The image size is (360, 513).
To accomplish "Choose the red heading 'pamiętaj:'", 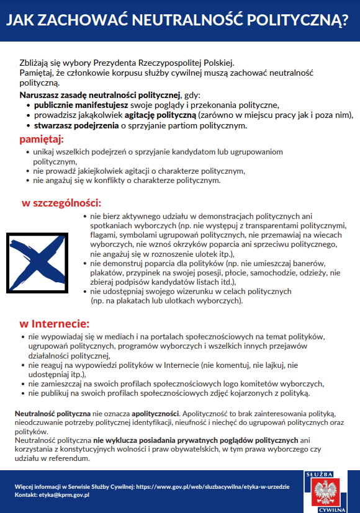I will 42,138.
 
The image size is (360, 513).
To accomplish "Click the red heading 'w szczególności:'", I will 61,203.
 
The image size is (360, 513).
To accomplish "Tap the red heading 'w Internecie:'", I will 55,323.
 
